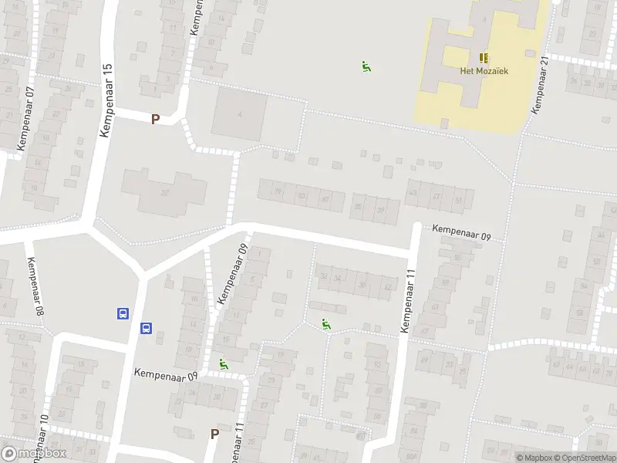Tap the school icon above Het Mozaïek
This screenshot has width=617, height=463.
pos(484,58)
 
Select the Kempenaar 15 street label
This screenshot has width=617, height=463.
pos(107,100)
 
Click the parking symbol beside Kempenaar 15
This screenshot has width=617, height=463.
pos(156,119)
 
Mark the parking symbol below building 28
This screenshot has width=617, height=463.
pos(214,434)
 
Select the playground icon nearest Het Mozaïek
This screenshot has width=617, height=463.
pos(366,67)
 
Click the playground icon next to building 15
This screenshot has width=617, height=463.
pos(224,364)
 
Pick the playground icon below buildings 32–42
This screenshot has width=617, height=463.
pos(325,325)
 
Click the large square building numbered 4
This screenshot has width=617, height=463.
pos(240,114)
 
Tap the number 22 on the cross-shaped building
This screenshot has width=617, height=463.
pos(164,192)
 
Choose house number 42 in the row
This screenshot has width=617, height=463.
pos(386,287)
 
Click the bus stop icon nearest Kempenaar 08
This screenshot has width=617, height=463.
pos(123,313)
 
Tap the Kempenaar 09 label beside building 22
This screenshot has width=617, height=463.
pos(165,373)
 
